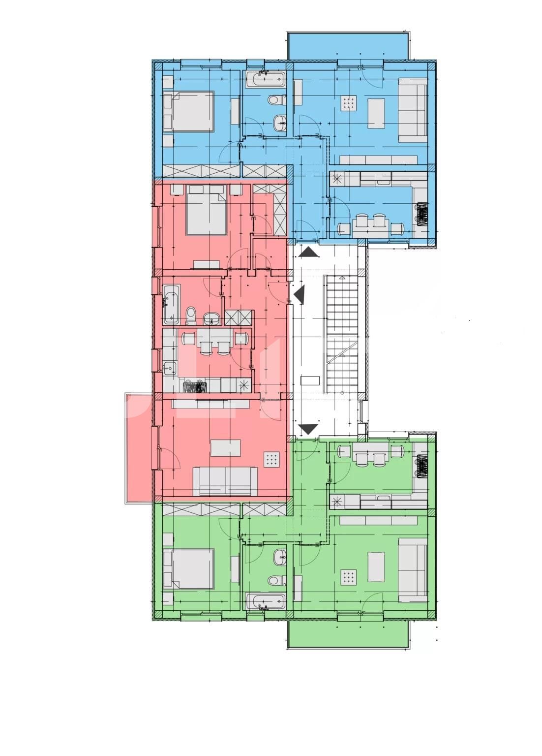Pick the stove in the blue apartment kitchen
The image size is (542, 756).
422,214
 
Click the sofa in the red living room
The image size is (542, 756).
225,481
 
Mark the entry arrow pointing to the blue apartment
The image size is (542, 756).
308,252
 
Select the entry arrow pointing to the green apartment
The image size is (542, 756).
308,429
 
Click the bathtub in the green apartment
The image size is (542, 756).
265,601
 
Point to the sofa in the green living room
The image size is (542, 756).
412,569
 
